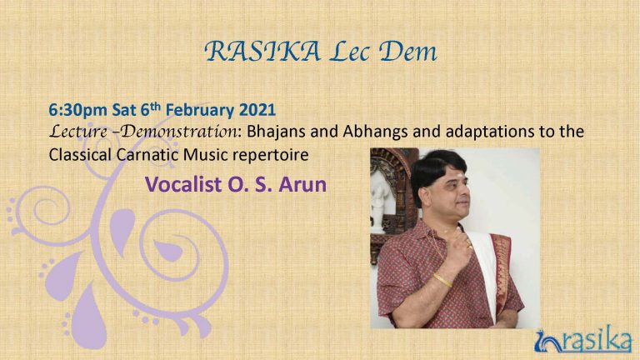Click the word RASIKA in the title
coord(262,52)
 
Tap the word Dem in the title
coord(407,52)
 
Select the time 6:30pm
coord(78,110)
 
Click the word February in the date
coord(200,110)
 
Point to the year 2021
coord(257,110)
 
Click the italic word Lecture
coord(78,132)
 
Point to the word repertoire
coord(271,156)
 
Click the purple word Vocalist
coord(183,184)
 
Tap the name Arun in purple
coord(302,184)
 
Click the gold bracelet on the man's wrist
coord(442,280)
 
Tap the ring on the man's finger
coord(469,246)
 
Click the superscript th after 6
coord(156,106)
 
